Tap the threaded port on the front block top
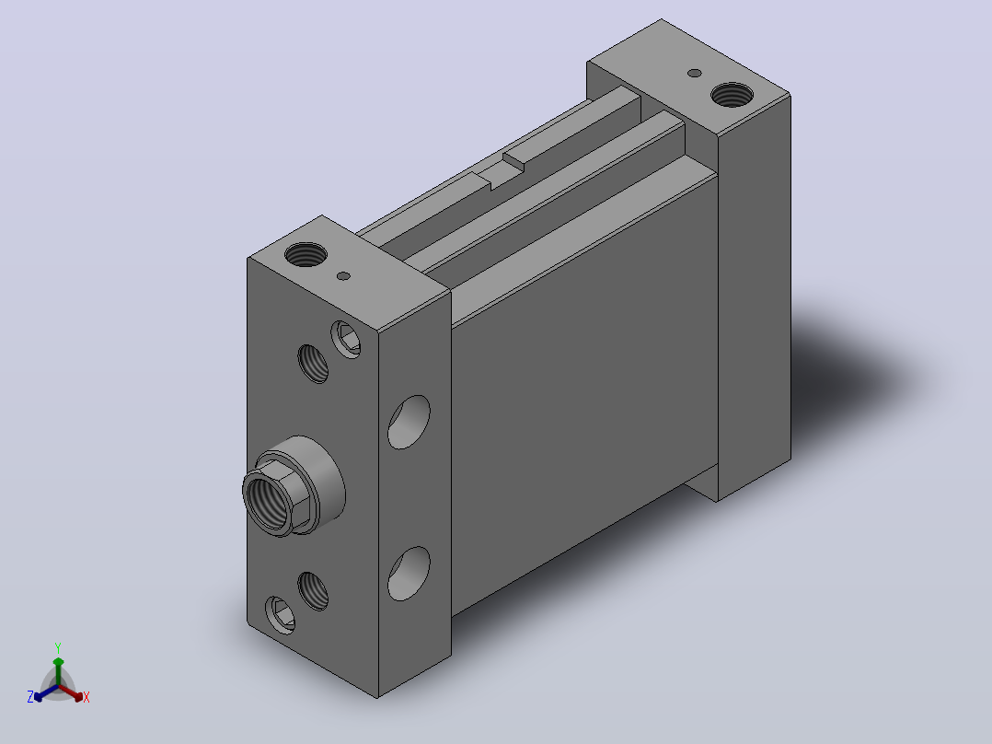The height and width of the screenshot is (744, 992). (306, 254)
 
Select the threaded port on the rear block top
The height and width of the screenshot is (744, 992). (732, 95)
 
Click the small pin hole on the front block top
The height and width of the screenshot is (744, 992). (343, 276)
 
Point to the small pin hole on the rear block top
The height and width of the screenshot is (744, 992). (694, 74)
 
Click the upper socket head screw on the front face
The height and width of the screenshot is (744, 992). (346, 340)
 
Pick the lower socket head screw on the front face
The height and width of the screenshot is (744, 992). (281, 615)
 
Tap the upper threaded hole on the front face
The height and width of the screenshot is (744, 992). (313, 364)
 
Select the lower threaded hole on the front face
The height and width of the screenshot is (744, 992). (313, 591)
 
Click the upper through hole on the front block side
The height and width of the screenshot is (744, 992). (409, 423)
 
